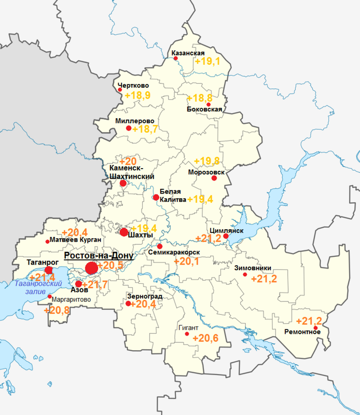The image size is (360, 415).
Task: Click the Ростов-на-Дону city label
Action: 99,256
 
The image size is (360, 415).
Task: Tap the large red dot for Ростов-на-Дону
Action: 91,268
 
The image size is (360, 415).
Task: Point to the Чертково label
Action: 133,86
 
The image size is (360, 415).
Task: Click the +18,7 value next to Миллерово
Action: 145,129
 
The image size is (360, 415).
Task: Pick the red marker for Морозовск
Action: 214,178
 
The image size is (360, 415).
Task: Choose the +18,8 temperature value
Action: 199,98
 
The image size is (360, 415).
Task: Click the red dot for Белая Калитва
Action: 156,197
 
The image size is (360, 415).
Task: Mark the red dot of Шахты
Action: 123,232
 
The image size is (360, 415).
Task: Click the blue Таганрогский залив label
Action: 38,287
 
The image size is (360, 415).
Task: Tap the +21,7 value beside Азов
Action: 95,285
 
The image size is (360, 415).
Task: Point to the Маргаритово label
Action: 72,299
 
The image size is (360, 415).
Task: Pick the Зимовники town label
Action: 253,268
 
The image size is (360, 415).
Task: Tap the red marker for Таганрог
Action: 49,270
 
